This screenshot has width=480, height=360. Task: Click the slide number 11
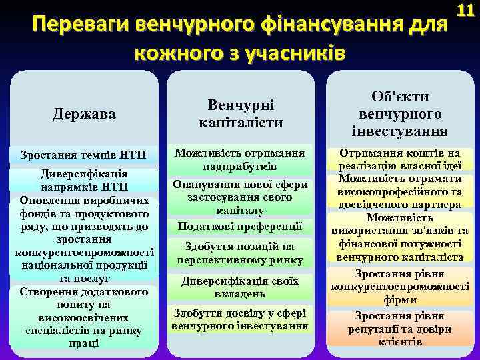[x=465, y=11]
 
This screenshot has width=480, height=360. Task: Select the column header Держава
[x=84, y=114]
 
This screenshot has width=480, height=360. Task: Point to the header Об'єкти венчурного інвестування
[x=399, y=112]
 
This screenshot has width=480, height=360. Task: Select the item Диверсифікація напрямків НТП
[x=83, y=179]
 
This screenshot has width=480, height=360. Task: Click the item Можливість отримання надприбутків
[x=241, y=159]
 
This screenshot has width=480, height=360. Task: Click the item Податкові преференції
[x=241, y=226]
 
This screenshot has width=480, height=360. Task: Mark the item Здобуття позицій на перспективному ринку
[x=241, y=253]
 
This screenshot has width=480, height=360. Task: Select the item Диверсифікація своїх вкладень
[x=241, y=287]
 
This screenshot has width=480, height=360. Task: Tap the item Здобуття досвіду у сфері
[x=241, y=319]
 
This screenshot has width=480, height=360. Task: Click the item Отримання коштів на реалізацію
[x=399, y=159]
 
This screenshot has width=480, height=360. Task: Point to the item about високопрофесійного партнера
[x=399, y=191]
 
